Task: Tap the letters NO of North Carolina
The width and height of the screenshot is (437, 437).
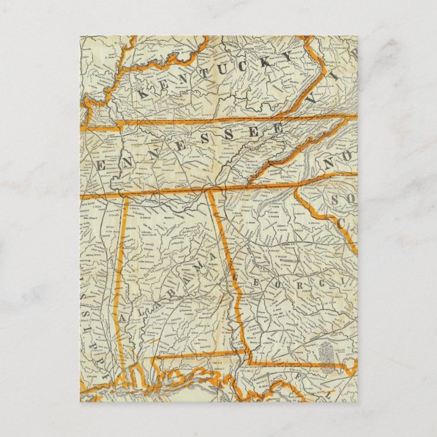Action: pyautogui.click(x=337, y=165)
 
